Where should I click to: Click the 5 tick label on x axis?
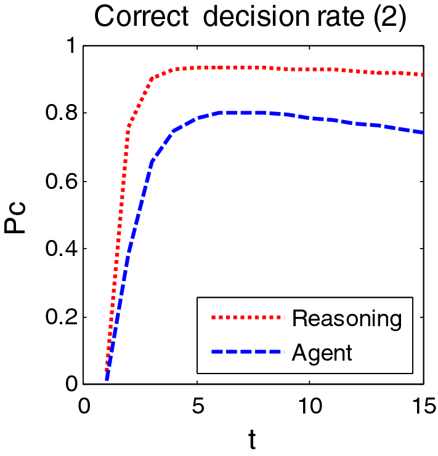pyautogui.click(x=197, y=406)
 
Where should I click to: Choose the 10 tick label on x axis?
pyautogui.click(x=309, y=406)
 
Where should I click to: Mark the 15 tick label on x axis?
pyautogui.click(x=421, y=406)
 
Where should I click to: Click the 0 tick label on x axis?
pyautogui.click(x=84, y=406)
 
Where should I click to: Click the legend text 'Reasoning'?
pyautogui.click(x=347, y=318)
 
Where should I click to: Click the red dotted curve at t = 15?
pyautogui.click(x=422, y=74)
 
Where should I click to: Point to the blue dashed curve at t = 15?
pyautogui.click(x=422, y=132)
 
